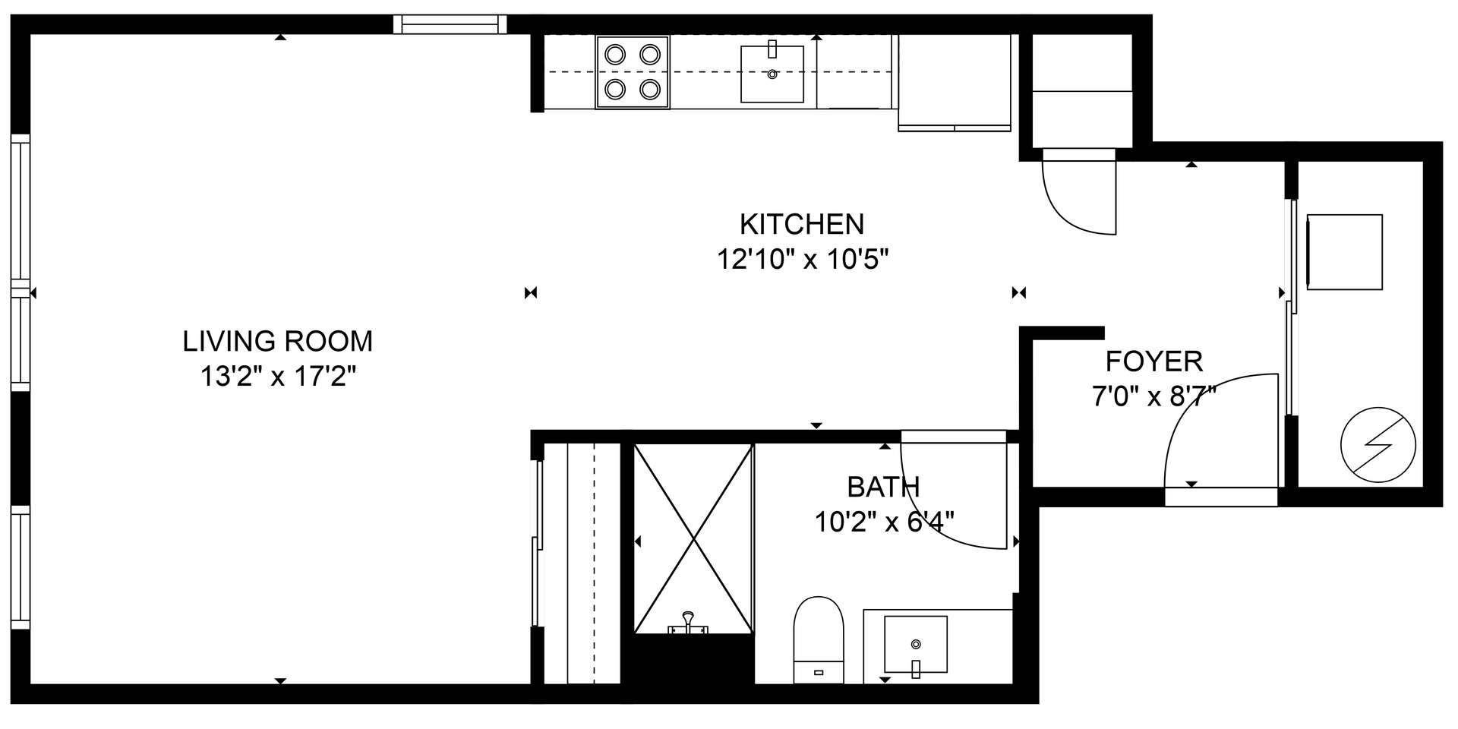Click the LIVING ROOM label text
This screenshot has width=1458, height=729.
point(278,342)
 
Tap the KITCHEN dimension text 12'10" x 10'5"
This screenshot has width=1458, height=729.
point(803,260)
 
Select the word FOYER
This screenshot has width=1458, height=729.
point(1153,361)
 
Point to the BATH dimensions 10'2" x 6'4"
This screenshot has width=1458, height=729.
point(884,522)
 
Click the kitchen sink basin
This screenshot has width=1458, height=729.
point(772,74)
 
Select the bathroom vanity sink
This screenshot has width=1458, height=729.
point(916,645)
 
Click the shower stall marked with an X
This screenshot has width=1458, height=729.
point(693,539)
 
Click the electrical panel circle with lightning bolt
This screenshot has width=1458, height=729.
point(1378,445)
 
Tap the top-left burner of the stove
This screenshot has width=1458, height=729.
point(615,55)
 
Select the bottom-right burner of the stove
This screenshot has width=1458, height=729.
point(650,90)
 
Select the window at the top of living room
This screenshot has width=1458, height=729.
point(450,24)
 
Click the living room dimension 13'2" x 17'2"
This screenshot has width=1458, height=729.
point(278,377)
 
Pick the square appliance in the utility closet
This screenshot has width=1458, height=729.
point(1343,252)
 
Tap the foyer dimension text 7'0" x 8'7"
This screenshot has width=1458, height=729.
point(1153,396)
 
